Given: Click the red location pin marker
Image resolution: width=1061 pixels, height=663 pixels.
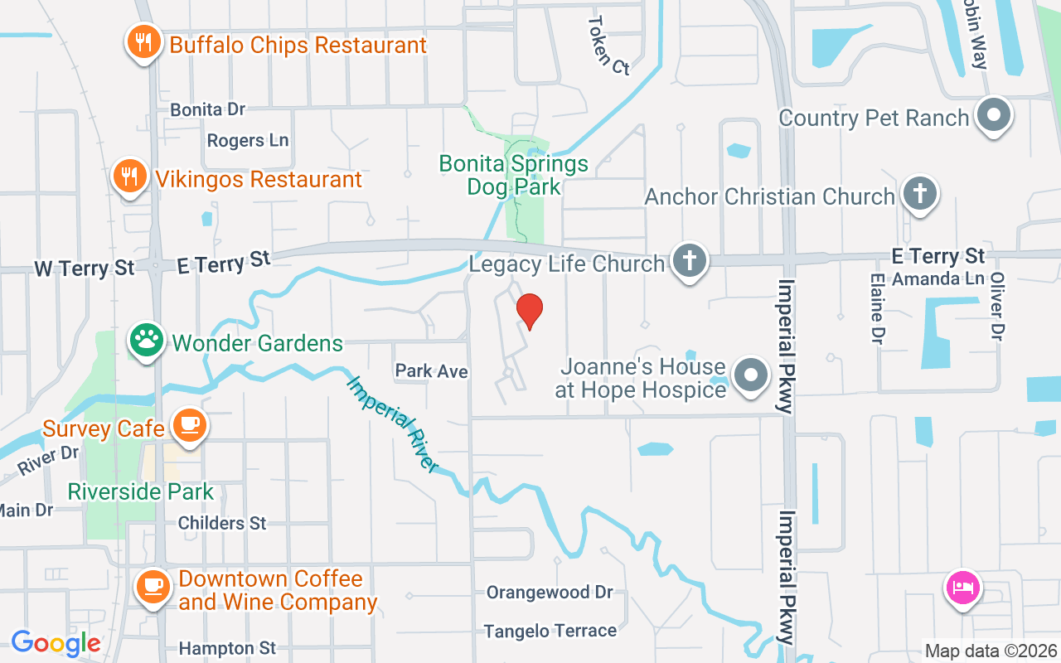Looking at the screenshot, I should [x=530, y=311].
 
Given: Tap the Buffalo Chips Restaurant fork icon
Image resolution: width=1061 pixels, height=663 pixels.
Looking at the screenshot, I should [x=144, y=42].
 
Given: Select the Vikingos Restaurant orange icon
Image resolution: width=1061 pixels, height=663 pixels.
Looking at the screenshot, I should [x=129, y=177].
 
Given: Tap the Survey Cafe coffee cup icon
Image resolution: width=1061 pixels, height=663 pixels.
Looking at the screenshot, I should [x=190, y=426].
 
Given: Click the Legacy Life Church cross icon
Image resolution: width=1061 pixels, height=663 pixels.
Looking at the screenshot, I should [x=689, y=262].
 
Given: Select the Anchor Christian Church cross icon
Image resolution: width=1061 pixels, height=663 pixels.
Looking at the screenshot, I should [x=919, y=195].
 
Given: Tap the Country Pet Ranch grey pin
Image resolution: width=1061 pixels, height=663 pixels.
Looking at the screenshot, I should [x=993, y=117].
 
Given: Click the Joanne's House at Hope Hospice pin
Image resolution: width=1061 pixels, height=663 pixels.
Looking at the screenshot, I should [x=751, y=375].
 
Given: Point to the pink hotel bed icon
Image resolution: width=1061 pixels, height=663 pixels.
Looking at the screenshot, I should [x=962, y=588].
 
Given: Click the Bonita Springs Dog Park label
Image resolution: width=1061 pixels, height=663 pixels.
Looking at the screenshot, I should [x=514, y=175].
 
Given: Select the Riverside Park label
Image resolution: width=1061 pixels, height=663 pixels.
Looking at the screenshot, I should [x=141, y=491].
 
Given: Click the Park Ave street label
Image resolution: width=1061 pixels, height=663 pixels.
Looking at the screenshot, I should [x=431, y=371].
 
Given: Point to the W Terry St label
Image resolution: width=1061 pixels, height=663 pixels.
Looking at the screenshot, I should [x=85, y=269].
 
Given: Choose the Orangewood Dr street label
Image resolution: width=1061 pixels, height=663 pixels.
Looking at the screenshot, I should [x=550, y=593].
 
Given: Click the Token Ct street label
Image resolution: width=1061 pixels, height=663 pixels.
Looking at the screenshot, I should [x=609, y=46].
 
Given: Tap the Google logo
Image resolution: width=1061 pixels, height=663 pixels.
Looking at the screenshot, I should [x=56, y=643].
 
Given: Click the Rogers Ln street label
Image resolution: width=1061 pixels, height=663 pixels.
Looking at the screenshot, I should [x=248, y=140].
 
